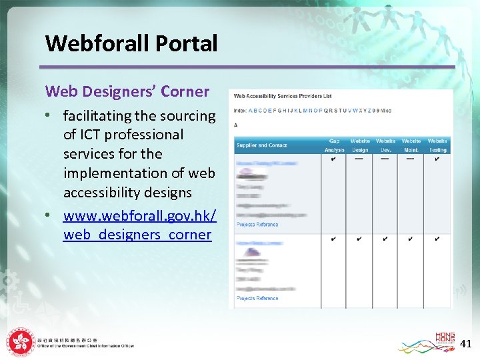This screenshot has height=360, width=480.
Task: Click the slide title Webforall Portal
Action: [131, 43]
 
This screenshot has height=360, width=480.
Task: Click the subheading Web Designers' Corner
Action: [127, 91]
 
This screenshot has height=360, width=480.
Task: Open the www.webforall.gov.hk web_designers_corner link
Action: [139, 225]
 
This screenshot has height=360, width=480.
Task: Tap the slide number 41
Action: [466, 344]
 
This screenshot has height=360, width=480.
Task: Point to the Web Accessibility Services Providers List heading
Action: [283, 97]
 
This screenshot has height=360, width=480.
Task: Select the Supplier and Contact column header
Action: [261, 145]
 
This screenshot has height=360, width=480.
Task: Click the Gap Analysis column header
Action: [334, 145]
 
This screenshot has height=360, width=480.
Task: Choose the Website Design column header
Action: [360, 145]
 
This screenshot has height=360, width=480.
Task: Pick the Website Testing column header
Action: [437, 145]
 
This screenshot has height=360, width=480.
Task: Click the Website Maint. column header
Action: [411, 145]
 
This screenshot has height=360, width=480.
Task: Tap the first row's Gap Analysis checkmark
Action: [333, 159]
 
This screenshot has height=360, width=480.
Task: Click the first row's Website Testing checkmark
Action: [437, 159]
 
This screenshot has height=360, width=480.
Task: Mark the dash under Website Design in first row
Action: [359, 159]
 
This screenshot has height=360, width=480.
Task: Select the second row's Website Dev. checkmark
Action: [385, 239]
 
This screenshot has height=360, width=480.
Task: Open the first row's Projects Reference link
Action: [257, 225]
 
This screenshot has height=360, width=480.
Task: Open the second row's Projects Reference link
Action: [257, 298]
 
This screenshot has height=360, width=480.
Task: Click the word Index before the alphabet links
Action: [239, 111]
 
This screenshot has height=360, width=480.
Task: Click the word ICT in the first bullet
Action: [93, 135]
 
